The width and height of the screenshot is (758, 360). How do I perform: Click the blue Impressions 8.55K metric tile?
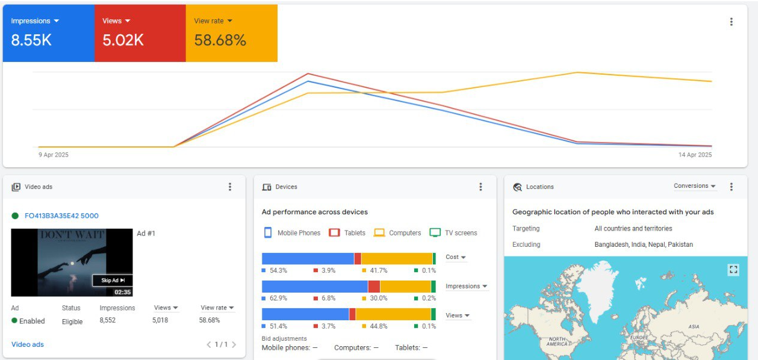tap(48, 33)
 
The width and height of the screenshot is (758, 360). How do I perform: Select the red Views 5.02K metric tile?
tap(140, 33)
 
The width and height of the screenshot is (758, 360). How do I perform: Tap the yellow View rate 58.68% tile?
tap(231, 33)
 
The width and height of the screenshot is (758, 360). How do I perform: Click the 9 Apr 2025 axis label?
tap(54, 155)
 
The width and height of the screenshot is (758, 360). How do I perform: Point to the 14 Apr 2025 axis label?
tap(695, 155)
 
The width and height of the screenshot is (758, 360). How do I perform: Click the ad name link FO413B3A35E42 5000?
tap(61, 216)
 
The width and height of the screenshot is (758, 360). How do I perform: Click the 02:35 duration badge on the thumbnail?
tap(122, 292)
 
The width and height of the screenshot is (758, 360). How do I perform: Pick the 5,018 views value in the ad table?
tap(160, 320)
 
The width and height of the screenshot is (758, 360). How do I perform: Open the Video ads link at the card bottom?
tap(28, 344)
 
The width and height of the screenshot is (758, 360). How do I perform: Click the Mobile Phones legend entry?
tap(292, 233)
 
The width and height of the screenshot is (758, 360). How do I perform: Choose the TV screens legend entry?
tap(453, 233)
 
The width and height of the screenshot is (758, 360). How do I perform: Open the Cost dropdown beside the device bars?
tap(456, 257)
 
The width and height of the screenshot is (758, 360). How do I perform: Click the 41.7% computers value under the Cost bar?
tap(379, 270)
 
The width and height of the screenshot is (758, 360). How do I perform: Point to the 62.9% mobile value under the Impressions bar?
tap(278, 298)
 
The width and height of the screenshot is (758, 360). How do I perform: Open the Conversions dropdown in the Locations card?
tap(695, 186)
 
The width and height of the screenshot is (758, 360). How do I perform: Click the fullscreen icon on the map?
tap(733, 270)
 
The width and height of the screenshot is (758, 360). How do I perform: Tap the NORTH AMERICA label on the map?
tap(557, 341)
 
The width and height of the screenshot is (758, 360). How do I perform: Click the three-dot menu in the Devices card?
tap(480, 187)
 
